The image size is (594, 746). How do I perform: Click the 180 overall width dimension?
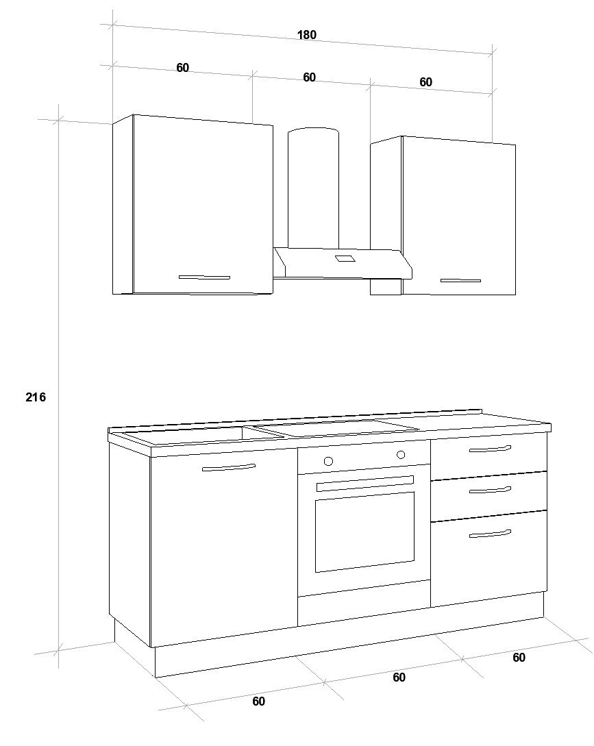[306, 35]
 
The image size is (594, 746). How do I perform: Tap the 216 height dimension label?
[36, 397]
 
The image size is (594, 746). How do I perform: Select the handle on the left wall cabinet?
[204, 277]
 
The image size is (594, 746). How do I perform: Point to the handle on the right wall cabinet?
[460, 280]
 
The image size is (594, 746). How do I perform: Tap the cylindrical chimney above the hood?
[314, 188]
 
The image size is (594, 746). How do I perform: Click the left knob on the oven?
[328, 460]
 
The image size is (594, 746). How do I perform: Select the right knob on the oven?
[401, 454]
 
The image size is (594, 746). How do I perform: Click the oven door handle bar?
[365, 483]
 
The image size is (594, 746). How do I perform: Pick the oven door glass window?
[364, 532]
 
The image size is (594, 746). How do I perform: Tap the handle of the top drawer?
[490, 449]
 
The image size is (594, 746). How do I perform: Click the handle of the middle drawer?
[490, 490]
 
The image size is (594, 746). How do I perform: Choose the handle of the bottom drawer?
[490, 534]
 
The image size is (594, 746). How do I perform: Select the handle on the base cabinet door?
[228, 468]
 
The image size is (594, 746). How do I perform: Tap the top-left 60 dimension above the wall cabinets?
[182, 68]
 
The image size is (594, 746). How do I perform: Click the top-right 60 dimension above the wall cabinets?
[425, 82]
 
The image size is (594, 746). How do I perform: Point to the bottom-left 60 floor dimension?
[258, 701]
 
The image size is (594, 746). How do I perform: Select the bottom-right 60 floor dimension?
[519, 657]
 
